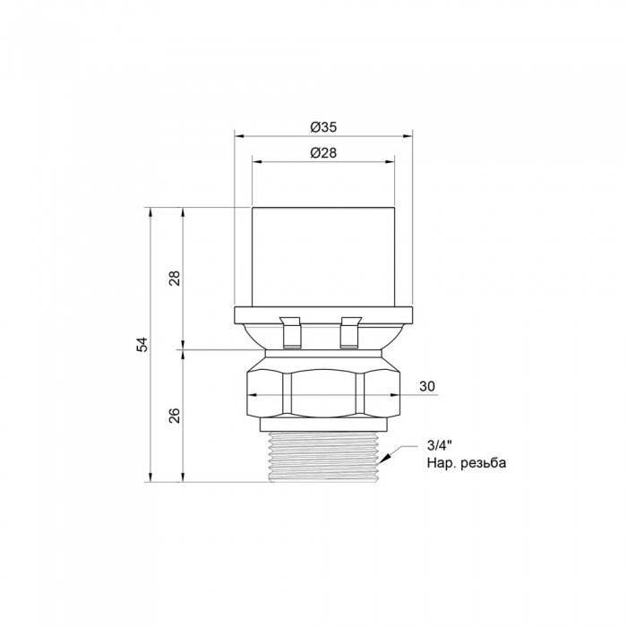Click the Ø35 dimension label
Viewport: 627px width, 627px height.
click(322, 127)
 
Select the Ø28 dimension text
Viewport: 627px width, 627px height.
click(322, 153)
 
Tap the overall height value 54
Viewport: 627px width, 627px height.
click(142, 345)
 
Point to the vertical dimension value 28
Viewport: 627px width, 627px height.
click(175, 278)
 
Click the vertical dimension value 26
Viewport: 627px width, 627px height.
click(175, 415)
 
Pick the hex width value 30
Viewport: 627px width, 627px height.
click(426, 386)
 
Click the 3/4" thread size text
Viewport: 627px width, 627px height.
click(439, 446)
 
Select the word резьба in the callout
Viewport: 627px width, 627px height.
click(485, 463)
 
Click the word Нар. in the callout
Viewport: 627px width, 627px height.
click(441, 463)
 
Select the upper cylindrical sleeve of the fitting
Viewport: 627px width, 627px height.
click(322, 256)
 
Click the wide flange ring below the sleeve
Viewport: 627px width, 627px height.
click(322, 313)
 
